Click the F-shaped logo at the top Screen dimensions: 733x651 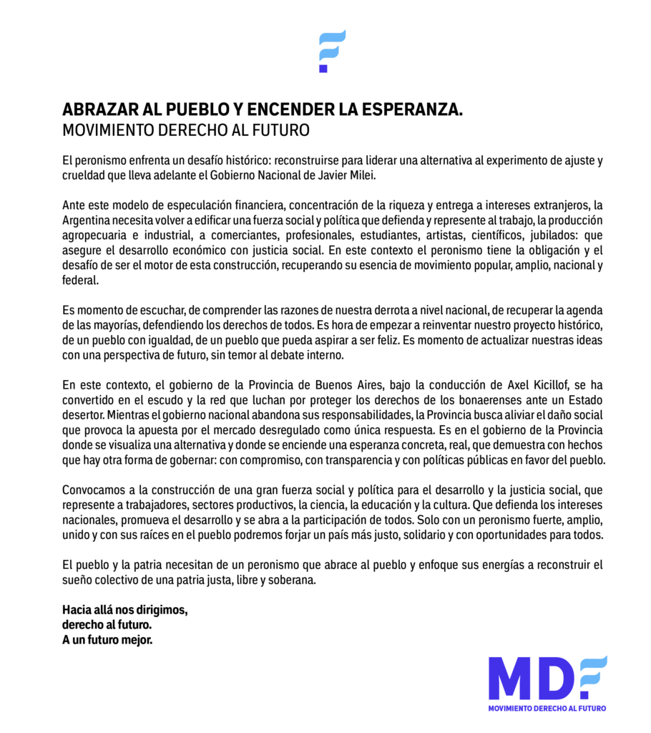click(x=332, y=49)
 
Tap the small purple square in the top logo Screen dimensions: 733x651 click(x=323, y=69)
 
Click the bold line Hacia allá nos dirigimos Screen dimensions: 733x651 click(x=125, y=611)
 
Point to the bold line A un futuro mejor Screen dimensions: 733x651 click(x=107, y=639)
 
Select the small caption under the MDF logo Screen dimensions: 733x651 click(x=547, y=708)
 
